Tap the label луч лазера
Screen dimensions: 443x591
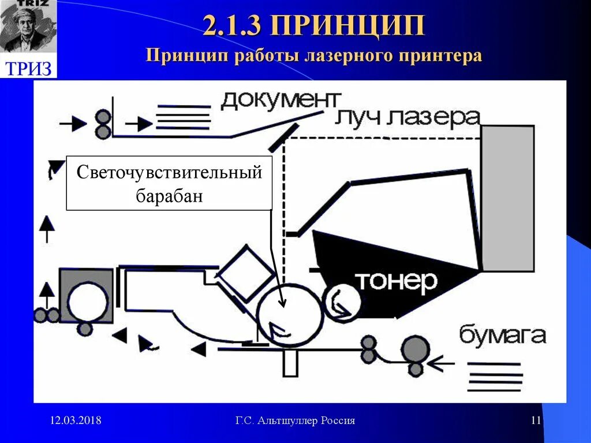[407, 118]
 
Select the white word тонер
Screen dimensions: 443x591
[396, 281]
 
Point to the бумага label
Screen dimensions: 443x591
[502, 335]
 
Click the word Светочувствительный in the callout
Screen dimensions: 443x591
[170, 172]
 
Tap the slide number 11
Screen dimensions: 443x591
[536, 420]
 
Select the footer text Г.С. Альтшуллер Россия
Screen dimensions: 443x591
[295, 420]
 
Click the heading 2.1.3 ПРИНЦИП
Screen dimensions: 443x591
[314, 27]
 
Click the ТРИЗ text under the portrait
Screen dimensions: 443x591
[28, 68]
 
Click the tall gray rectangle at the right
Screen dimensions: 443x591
[507, 198]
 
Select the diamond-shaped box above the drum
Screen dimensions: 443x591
[248, 273]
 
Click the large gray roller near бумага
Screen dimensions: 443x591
[416, 349]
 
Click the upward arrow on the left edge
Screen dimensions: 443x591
[47, 226]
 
